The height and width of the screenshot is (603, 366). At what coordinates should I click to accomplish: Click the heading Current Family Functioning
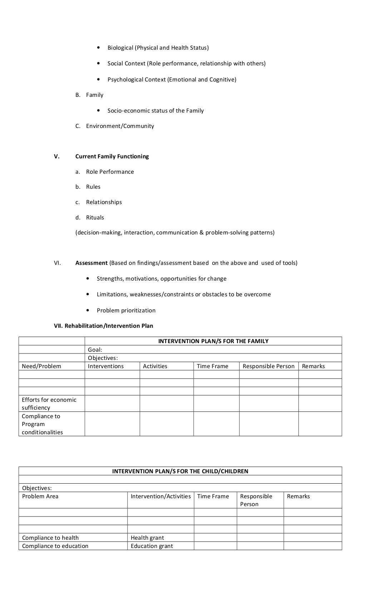pos(112,156)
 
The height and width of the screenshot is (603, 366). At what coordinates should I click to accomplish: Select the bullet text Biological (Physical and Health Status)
pos(158,48)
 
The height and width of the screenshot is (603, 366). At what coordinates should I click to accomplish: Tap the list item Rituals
pos(95,217)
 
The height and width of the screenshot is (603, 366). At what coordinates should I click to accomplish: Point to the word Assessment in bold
pos(91,263)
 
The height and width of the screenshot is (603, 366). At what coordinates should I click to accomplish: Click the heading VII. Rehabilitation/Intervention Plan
pos(103,326)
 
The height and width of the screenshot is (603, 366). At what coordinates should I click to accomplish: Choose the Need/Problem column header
pos(41,366)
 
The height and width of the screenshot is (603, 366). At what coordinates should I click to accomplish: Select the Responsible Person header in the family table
pos(268,366)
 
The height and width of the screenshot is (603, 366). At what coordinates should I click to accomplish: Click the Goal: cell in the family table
pos(95,350)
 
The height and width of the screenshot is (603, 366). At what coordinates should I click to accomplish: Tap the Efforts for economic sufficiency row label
pos(49,404)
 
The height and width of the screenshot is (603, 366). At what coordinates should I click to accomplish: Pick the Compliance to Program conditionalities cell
pos(42,424)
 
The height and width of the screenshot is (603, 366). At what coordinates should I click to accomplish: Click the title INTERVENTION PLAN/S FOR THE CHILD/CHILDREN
pos(180,471)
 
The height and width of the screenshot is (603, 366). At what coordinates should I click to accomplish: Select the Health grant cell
pos(147,538)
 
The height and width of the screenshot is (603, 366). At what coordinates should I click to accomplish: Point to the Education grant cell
pos(152,546)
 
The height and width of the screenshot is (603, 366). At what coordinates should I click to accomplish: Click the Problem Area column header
pos(40,496)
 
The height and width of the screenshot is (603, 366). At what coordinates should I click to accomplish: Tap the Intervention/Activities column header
pos(160,496)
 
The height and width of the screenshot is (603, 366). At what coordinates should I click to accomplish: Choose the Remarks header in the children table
pos(298,496)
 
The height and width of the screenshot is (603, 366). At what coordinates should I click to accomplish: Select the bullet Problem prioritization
pos(126,310)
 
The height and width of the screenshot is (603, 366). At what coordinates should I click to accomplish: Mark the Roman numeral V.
pos(57,156)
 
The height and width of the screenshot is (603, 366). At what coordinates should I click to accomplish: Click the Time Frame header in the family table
pos(212,366)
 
